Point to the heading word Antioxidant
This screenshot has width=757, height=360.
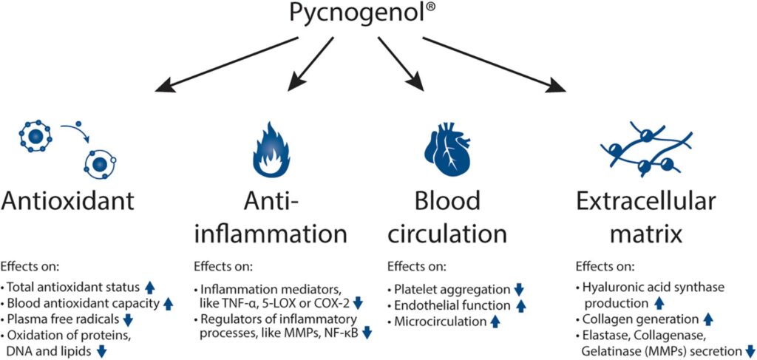71,202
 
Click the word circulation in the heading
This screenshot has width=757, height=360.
447,234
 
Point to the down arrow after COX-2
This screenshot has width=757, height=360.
358,302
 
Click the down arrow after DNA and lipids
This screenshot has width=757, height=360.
103,351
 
